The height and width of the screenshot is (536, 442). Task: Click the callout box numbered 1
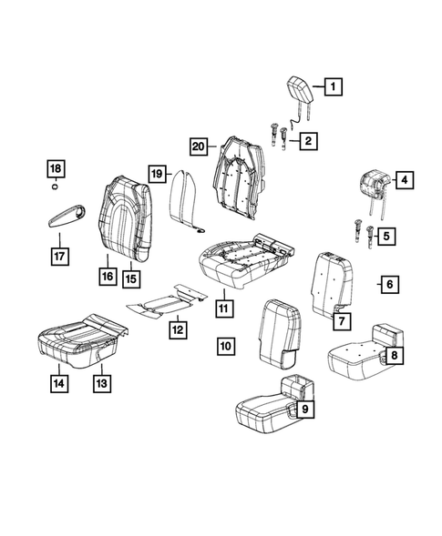click(x=333, y=88)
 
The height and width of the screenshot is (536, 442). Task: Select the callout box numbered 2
click(x=310, y=140)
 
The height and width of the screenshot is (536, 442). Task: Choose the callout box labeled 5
click(x=388, y=285)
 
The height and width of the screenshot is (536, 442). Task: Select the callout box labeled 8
click(x=305, y=410)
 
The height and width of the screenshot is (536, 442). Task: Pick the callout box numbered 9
click(x=226, y=345)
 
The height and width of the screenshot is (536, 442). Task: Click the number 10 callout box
click(x=222, y=308)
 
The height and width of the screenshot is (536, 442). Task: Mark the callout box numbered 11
click(x=178, y=329)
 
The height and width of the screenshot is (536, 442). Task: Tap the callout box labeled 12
click(x=102, y=383)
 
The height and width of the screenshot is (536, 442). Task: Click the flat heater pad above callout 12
click(x=58, y=383)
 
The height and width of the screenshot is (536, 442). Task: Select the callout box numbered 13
click(x=133, y=277)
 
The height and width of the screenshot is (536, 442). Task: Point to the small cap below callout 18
click(x=57, y=187)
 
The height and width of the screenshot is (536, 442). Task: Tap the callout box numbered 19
click(x=157, y=173)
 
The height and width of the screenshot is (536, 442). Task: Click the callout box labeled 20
click(x=199, y=145)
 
